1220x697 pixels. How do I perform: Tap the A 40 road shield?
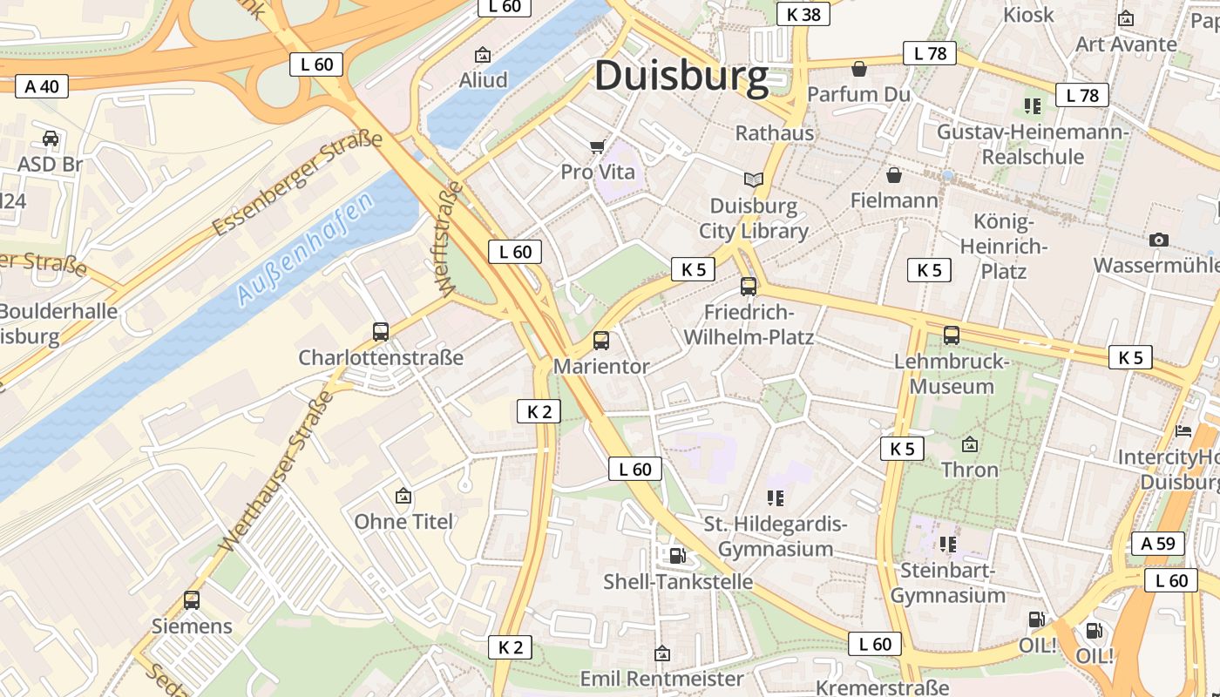tap(42, 85)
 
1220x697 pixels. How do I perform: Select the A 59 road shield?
tap(1158, 543)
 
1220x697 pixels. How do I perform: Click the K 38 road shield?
tap(803, 14)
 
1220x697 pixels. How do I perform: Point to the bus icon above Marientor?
tap(601, 341)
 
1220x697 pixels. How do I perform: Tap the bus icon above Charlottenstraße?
tap(381, 331)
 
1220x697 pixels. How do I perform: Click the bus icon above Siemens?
tap(192, 599)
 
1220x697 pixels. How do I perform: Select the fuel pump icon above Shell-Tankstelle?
tap(677, 555)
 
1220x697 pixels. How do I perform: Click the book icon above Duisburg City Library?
tap(754, 179)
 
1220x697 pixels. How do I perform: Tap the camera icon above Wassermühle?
tap(1158, 240)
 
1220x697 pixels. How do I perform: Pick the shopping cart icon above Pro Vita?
tap(597, 146)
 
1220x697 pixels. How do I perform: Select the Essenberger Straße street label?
tap(297, 184)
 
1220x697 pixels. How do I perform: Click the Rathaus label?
tap(775, 133)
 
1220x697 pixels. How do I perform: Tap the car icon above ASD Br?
tap(51, 139)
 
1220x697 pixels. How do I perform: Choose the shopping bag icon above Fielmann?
tap(893, 175)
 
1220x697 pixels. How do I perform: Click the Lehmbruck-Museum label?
tap(951, 374)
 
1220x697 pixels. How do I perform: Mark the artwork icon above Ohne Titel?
tap(403, 496)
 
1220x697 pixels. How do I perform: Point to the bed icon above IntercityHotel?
tap(1183, 431)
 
